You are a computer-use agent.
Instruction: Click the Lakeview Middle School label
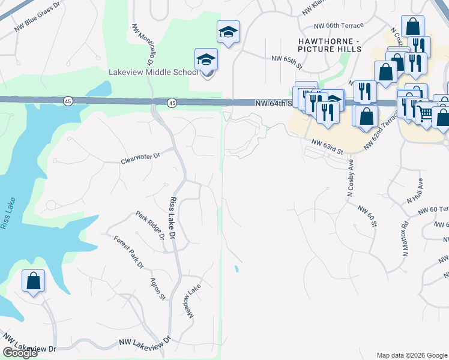coord(153,72)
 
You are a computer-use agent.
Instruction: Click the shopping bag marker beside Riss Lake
coord(34,281)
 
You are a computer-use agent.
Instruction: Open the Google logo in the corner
coord(20,353)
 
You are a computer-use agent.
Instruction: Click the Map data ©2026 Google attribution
coord(412,355)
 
